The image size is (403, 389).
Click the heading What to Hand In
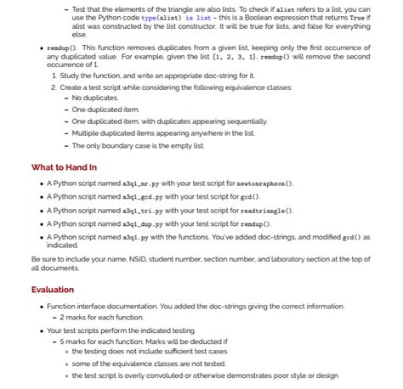(x=64, y=166)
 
